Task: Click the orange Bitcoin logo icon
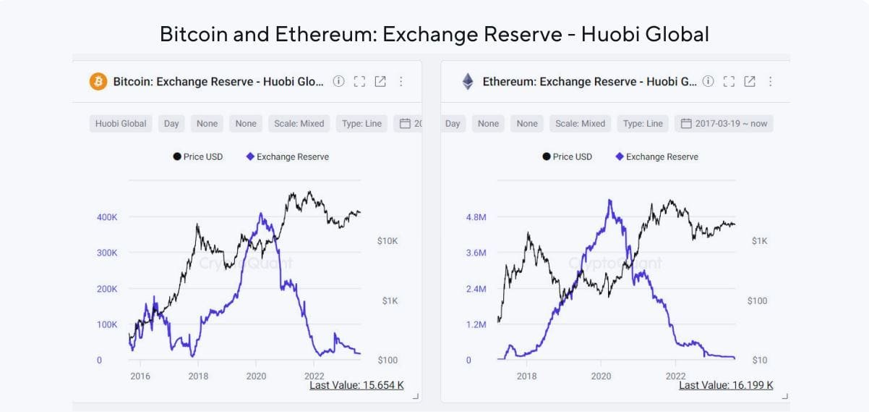(98, 81)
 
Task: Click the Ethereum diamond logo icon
(468, 81)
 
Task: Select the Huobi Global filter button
(121, 123)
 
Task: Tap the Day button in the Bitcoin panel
(171, 123)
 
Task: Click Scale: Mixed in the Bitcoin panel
(299, 123)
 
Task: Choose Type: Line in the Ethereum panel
(643, 123)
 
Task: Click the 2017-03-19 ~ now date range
(724, 123)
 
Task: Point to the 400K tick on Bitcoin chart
(107, 216)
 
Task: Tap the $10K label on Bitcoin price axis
(388, 240)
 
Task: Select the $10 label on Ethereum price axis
(759, 360)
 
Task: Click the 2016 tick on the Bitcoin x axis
(140, 376)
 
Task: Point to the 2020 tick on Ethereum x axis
(601, 376)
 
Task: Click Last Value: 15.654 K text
(356, 385)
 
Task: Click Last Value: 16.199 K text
(726, 385)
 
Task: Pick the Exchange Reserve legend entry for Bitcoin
(287, 156)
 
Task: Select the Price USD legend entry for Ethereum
(567, 156)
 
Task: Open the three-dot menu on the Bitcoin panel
(401, 81)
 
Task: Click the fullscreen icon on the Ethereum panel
(729, 81)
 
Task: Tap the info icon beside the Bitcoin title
(338, 81)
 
